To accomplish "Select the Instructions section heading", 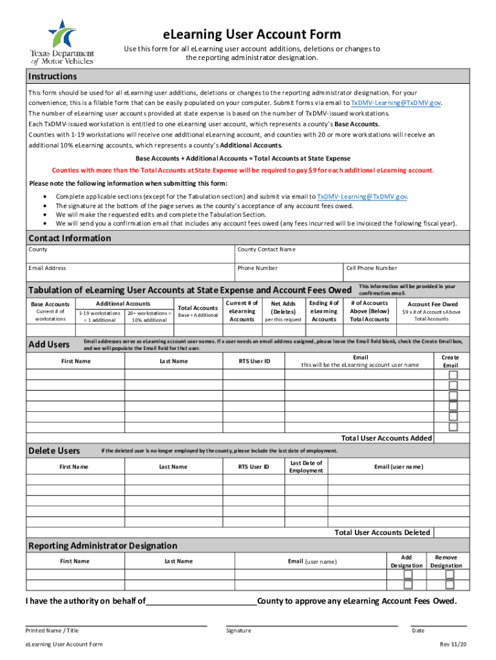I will coord(53,76).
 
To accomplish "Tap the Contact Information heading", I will coord(70,238).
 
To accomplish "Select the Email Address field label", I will coord(47,268).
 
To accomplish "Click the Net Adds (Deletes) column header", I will coord(283,307).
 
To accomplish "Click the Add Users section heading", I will coord(48,344).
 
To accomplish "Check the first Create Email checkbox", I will coord(453,374).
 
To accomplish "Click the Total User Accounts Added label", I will coord(386,438).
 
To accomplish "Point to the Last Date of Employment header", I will coord(306,467).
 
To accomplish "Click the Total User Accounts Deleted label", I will coord(382,532).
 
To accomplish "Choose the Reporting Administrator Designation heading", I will coord(103,546).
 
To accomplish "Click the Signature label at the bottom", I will coord(238,630).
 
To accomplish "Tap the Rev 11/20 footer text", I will coord(453,645).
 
